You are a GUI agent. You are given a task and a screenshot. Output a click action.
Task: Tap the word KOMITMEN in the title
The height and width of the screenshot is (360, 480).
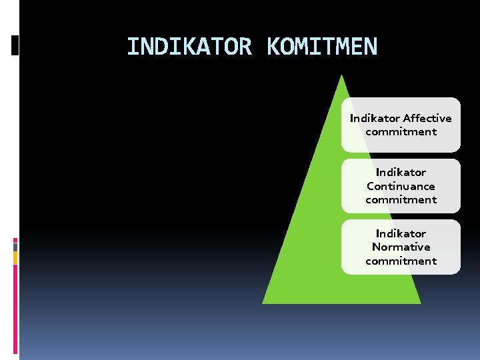click(x=322, y=47)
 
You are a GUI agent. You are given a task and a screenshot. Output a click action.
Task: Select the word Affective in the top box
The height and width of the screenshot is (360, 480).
click(x=427, y=118)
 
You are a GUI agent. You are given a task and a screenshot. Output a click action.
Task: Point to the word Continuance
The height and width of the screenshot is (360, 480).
click(x=401, y=186)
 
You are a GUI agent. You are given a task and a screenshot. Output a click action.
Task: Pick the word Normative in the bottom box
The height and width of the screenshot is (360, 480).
click(x=401, y=247)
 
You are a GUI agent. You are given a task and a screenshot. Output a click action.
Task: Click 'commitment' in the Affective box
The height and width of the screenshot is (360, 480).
click(x=401, y=131)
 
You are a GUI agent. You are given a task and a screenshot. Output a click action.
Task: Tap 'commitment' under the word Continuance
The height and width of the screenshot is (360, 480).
click(x=401, y=199)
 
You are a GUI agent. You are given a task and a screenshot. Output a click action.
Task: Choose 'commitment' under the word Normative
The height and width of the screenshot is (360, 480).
click(x=401, y=261)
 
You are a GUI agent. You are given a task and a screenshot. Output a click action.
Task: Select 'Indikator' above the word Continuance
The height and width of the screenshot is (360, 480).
click(x=401, y=172)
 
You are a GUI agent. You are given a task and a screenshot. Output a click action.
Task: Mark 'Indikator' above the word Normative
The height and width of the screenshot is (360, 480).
click(x=401, y=233)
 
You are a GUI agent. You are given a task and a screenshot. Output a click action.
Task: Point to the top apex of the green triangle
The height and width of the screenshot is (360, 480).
click(x=341, y=76)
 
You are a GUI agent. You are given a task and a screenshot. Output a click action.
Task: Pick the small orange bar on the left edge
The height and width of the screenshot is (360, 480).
click(x=15, y=257)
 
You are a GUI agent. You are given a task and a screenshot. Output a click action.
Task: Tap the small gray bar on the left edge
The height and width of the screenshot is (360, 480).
click(x=15, y=247)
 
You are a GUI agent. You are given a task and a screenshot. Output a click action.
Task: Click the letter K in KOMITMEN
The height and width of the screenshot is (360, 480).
click(x=273, y=47)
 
